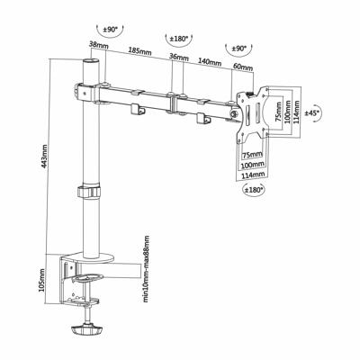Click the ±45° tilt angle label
(312, 113)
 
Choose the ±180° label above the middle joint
(178, 38)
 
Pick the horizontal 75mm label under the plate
(253, 155)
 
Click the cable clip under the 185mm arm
(139, 110)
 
